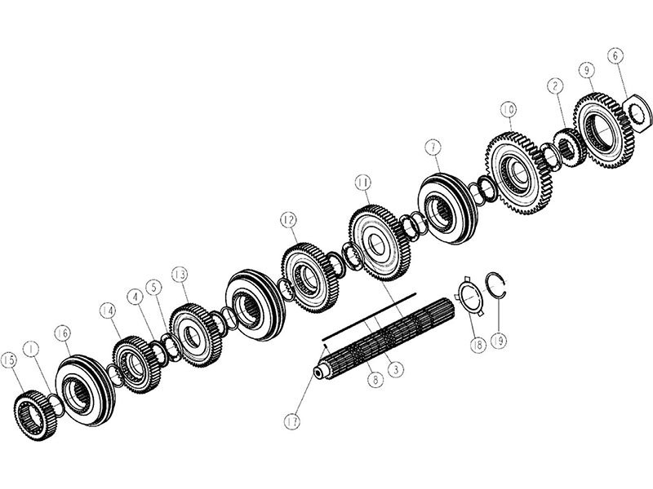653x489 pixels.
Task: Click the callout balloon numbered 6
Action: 615,55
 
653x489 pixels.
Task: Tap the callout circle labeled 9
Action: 587,70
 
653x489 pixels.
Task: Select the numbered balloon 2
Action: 555,86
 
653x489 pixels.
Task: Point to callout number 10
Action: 508,110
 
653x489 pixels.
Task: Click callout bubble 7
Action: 433,148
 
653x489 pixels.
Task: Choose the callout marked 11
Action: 363,183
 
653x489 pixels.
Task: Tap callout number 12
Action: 288,219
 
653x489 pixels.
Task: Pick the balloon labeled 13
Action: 180,275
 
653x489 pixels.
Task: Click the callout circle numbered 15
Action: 9,361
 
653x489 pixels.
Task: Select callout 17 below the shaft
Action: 292,422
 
